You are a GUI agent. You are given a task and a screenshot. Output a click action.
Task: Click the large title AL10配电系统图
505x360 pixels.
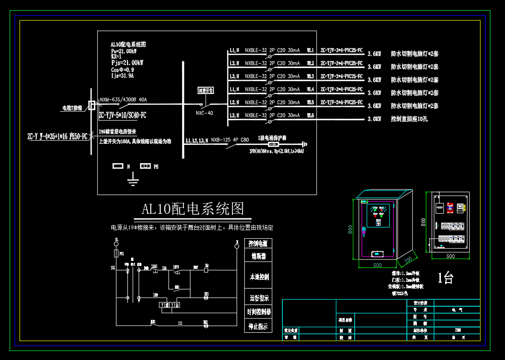click(193, 208)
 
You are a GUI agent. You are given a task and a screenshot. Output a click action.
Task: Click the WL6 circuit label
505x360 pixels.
click(310, 116)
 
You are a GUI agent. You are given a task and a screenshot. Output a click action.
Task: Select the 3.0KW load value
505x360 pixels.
click(374, 119)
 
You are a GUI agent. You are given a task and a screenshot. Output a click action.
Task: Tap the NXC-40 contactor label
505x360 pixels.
click(204, 113)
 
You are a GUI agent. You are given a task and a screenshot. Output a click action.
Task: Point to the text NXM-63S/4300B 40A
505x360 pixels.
click(124, 100)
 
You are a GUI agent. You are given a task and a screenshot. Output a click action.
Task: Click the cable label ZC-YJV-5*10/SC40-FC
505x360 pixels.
click(123, 115)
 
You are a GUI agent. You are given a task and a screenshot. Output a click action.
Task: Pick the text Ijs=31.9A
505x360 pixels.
click(123, 75)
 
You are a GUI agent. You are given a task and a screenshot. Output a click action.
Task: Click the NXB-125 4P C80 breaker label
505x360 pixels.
click(230, 140)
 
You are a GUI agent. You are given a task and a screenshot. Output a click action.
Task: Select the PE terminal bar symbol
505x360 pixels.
click(145, 167)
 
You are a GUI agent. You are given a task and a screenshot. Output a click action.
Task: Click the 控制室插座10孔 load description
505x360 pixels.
click(409, 119)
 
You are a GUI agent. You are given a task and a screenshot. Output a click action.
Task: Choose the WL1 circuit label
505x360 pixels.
click(310, 50)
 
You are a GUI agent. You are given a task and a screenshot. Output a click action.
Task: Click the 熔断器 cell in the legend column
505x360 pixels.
click(258, 257)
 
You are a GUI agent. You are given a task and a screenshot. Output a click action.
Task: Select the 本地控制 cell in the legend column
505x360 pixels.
click(258, 277)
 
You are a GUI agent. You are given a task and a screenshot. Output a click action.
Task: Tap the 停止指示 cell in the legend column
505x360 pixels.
click(258, 326)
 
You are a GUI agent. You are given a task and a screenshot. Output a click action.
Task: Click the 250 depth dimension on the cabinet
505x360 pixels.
click(408, 260)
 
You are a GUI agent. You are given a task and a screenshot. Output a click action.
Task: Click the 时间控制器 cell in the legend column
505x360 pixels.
click(258, 312)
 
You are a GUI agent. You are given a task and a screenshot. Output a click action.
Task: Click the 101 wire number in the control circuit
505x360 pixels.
click(113, 268)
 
